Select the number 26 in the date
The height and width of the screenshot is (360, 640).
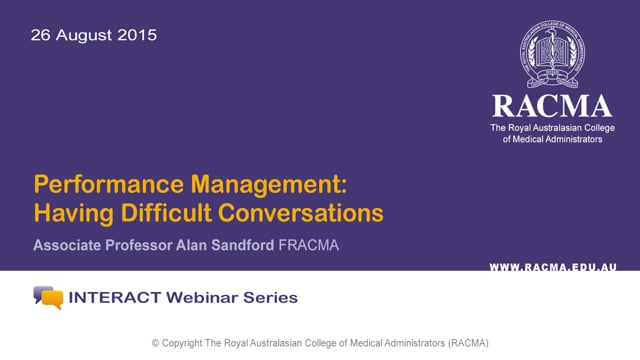[41, 35]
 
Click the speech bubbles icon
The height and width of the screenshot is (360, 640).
[47, 297]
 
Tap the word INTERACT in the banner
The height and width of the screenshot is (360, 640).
[112, 297]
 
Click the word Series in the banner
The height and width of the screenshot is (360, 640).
[270, 297]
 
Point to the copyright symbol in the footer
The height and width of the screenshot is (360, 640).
[156, 343]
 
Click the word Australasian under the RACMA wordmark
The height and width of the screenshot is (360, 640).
[563, 128]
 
